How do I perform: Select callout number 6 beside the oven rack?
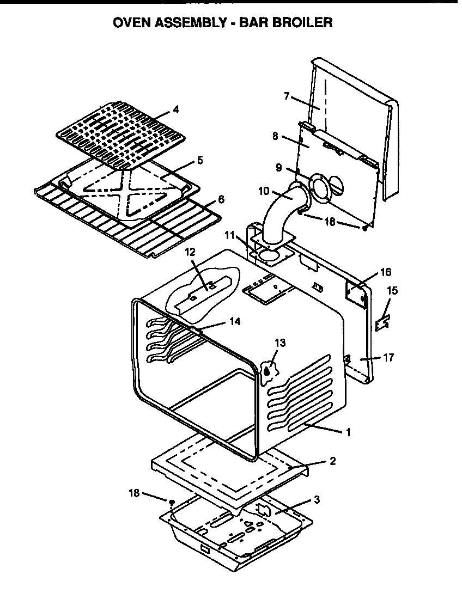221,199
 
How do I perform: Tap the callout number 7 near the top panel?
287,97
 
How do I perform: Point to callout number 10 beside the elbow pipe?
264,191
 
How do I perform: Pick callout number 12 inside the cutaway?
189,252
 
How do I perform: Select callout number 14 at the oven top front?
235,322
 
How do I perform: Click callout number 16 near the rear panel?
386,271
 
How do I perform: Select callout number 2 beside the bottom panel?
332,461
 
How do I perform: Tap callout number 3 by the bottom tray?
317,499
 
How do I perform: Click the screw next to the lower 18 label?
172,501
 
